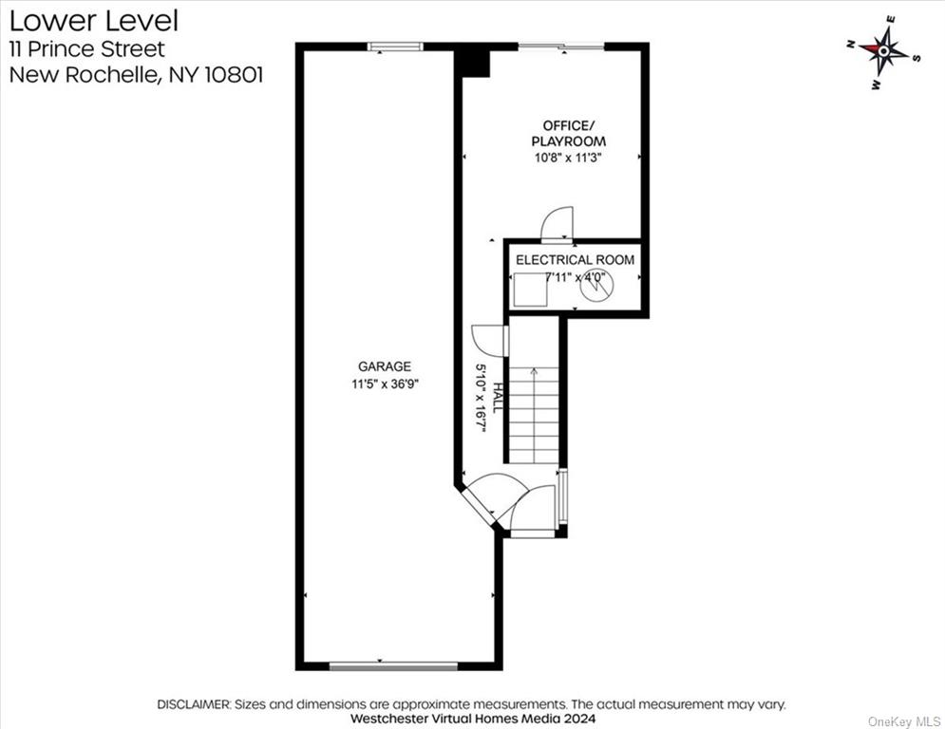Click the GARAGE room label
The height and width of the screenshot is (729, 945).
[385, 366]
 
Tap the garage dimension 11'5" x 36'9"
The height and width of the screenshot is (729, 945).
[385, 383]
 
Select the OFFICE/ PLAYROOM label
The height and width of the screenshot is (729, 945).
[568, 133]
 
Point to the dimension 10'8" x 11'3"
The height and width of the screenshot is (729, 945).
[568, 159]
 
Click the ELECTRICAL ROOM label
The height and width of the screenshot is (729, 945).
[575, 260]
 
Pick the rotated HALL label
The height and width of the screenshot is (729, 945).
[498, 398]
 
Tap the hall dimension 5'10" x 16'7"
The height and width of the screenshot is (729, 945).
[481, 399]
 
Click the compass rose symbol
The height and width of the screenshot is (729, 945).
[883, 52]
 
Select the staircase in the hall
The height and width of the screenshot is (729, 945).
[534, 415]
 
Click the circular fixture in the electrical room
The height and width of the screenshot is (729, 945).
[596, 285]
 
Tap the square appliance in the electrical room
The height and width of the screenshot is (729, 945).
[530, 290]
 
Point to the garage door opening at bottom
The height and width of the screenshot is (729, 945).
[393, 665]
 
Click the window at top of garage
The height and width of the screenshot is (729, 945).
[395, 47]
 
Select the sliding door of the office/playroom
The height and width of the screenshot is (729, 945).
[561, 46]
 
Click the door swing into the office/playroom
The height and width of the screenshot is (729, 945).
[557, 225]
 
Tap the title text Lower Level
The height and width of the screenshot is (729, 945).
[94, 21]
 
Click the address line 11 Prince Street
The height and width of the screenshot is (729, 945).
[87, 48]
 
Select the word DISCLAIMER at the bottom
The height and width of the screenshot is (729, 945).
[194, 703]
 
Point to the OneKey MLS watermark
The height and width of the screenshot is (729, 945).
[904, 721]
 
